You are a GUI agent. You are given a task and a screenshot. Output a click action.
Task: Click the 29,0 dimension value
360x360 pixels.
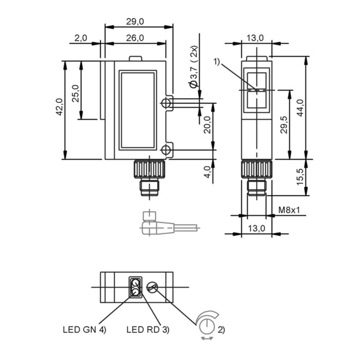[135, 21]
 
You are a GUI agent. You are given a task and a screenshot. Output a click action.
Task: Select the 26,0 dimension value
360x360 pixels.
[135, 38]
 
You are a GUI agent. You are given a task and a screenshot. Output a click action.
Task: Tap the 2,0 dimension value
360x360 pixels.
[81, 38]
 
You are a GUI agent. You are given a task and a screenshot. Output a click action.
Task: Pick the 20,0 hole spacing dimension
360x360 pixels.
[207, 126]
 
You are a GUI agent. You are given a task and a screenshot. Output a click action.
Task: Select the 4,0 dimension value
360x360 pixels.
[207, 172]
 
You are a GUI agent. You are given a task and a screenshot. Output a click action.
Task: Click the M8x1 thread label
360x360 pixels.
[288, 210]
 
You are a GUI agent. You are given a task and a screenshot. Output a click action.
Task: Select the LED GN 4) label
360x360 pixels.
[84, 329]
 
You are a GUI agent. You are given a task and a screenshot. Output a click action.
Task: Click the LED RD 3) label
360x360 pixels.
[148, 329]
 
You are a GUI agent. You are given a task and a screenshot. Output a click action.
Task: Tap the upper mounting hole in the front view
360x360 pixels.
[166, 103]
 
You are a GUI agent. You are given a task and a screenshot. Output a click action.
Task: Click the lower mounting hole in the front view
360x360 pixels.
[166, 149]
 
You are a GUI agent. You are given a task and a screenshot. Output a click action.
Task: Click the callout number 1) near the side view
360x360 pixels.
[218, 61]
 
